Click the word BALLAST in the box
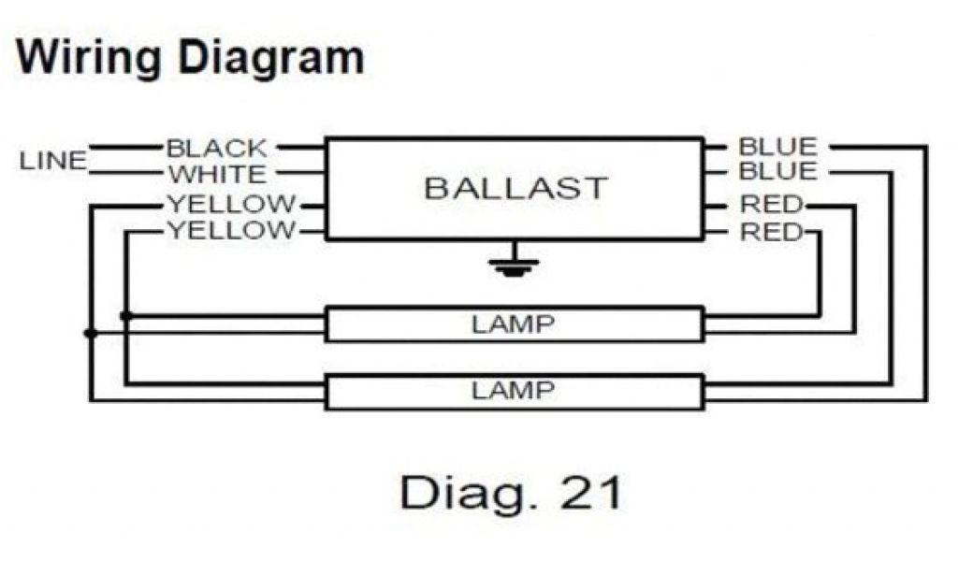(x=515, y=188)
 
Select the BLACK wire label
(x=216, y=148)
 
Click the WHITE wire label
(x=216, y=174)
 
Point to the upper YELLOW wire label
(x=230, y=204)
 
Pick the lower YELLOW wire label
(x=230, y=230)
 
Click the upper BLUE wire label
(x=777, y=147)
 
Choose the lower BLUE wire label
(x=777, y=172)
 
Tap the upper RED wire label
(x=771, y=205)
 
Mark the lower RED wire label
(x=771, y=231)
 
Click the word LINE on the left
(x=52, y=161)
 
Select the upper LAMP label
(x=513, y=325)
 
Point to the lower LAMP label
(x=513, y=391)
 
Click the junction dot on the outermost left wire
(x=90, y=333)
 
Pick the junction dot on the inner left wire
(x=126, y=317)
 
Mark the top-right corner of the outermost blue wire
(x=926, y=147)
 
